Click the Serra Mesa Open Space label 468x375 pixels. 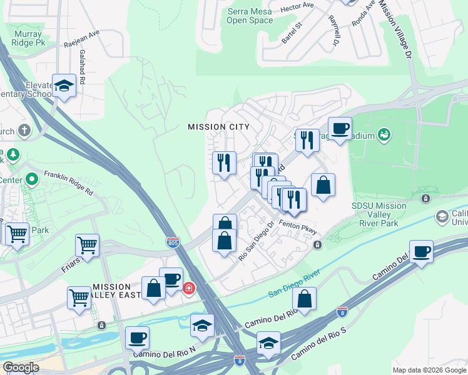coord(250,15)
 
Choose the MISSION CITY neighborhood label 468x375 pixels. coord(218,127)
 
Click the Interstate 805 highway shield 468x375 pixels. coord(173,241)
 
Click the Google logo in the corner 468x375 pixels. coord(21,367)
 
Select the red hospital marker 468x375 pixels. coord(188,289)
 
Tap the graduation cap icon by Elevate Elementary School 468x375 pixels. coord(63,86)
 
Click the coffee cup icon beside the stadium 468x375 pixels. coord(340,129)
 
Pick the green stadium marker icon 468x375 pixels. coord(385,134)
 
